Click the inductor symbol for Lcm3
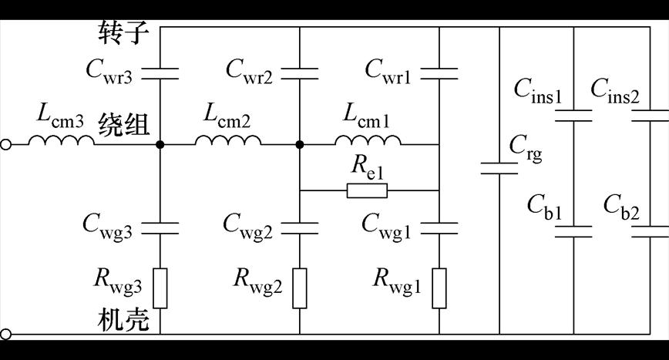62,140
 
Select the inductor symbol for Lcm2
228,140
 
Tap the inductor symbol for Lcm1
368,140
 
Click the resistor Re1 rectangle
368,190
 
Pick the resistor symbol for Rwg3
160,288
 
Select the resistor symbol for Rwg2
299,288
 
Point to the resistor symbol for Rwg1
439,288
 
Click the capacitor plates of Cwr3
160,73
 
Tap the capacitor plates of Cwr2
299,73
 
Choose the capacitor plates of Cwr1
439,73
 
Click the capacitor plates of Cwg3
160,228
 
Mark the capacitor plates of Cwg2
299,228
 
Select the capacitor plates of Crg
499,168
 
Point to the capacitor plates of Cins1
573,116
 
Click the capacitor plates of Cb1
573,231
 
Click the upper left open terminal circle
6,144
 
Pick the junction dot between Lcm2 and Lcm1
299,144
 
